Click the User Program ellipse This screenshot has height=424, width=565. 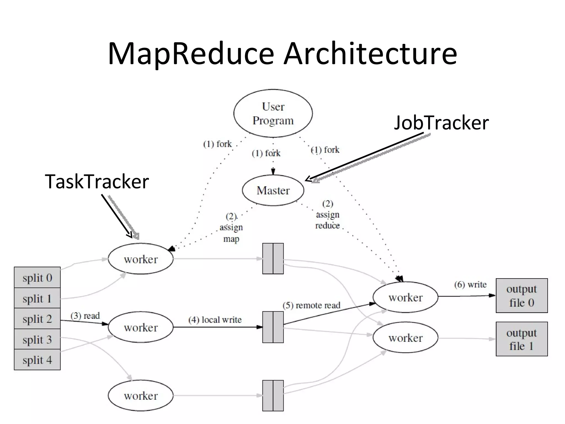(x=273, y=113)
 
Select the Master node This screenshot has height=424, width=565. (x=273, y=190)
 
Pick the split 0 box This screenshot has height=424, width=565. (x=37, y=277)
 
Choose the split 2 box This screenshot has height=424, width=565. (x=37, y=319)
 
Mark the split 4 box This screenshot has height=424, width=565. (x=37, y=360)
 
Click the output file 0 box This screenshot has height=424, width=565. (x=521, y=296)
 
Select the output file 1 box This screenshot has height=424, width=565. (x=521, y=339)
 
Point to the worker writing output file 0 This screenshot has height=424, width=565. (x=405, y=297)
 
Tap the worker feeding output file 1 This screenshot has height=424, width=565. (x=405, y=338)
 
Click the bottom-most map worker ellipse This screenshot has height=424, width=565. (x=140, y=396)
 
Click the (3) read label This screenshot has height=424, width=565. (x=85, y=316)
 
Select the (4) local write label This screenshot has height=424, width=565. (x=215, y=320)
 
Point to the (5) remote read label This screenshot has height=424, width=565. (x=311, y=305)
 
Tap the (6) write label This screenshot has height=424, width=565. (x=470, y=284)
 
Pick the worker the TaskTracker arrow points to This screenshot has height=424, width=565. (x=140, y=259)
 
